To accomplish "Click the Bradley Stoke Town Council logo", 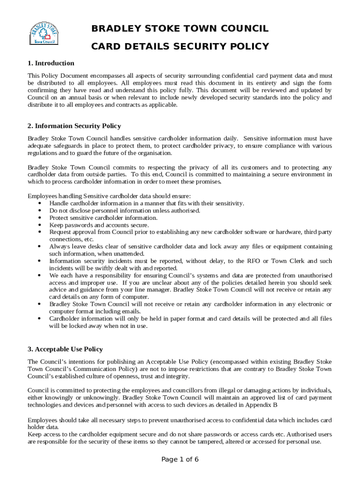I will tap(44, 33).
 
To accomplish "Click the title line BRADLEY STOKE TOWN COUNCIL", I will tap(180, 29).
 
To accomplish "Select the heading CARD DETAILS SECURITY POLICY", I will tap(180, 46).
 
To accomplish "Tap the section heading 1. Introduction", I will tap(51, 63).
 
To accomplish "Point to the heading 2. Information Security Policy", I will tap(74, 126).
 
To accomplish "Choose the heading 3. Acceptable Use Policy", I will tap(65, 349).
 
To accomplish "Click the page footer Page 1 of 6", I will tap(180, 459).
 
